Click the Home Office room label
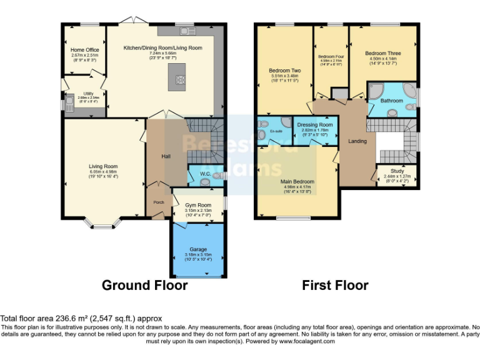click(x=84, y=50)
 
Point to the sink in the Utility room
click(x=68, y=102)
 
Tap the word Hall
click(x=166, y=156)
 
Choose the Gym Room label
click(x=199, y=205)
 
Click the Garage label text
click(x=198, y=249)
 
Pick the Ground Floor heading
click(x=144, y=286)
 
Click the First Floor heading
click(x=335, y=286)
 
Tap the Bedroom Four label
click(x=331, y=56)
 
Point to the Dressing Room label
click(x=314, y=124)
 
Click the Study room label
click(x=397, y=171)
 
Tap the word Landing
click(x=357, y=141)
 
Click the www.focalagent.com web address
click(x=307, y=341)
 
